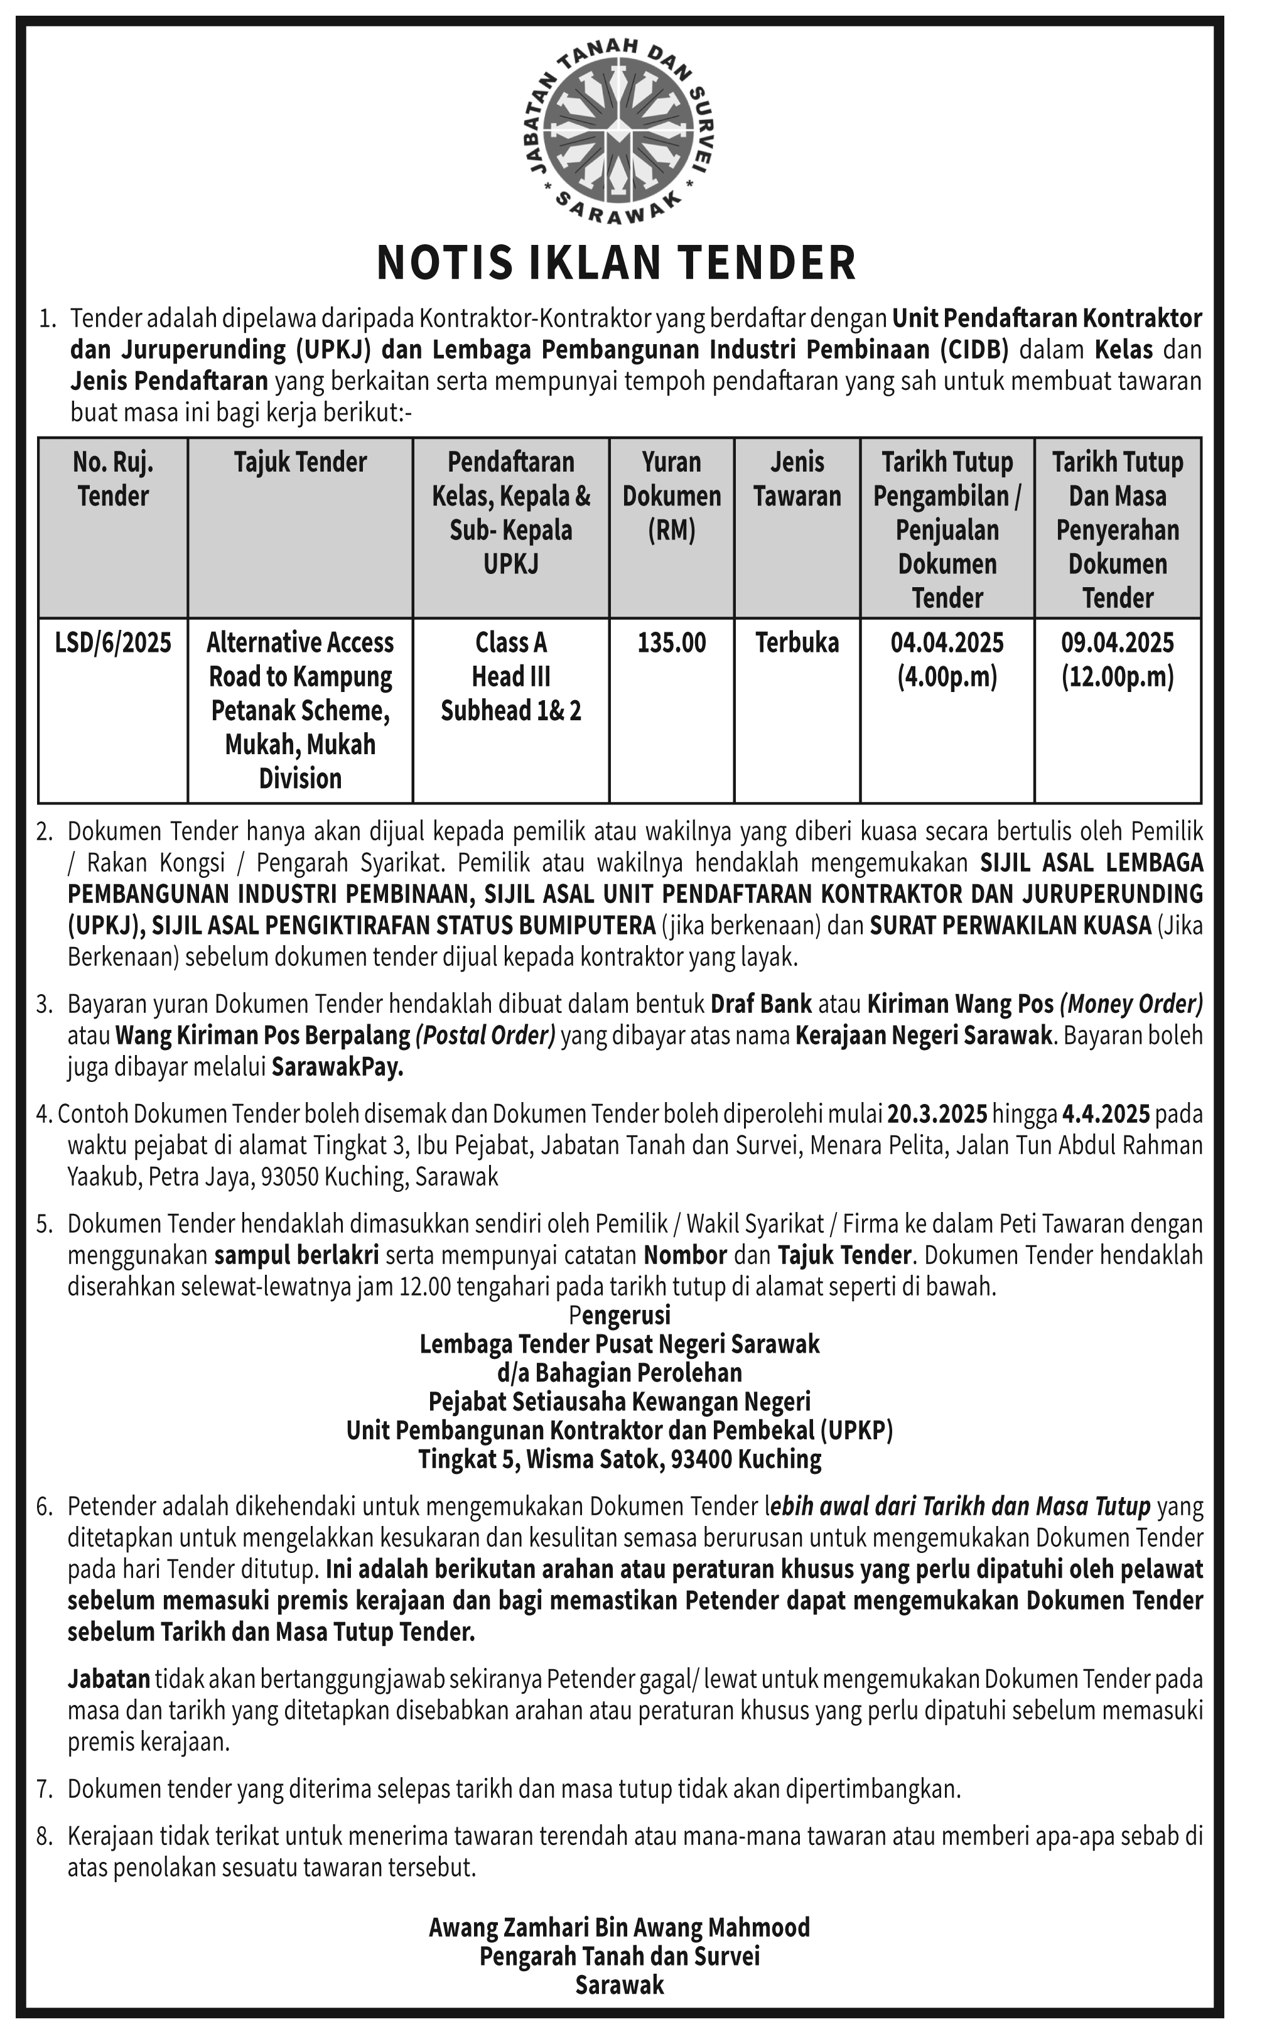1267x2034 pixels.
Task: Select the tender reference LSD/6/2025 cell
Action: click(x=113, y=643)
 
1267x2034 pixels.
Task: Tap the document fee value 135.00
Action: click(x=671, y=643)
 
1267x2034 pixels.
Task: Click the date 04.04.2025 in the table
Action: click(x=947, y=643)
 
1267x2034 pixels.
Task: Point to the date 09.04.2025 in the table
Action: click(x=1117, y=643)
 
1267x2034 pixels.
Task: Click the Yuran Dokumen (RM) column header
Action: click(x=671, y=495)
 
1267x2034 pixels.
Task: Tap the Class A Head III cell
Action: click(x=510, y=659)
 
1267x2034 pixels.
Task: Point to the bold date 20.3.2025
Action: click(x=937, y=1114)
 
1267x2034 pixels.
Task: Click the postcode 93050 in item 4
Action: click(x=289, y=1177)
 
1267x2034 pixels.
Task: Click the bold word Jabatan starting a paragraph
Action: click(x=109, y=1679)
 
